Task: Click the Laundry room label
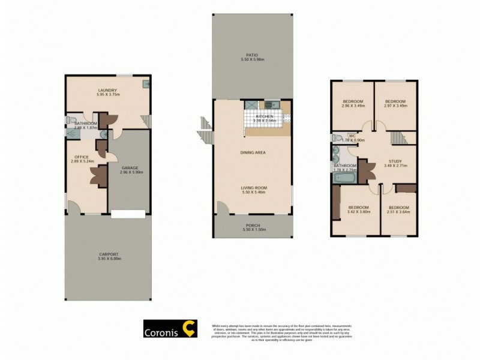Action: point(107,90)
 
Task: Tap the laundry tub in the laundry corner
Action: point(146,85)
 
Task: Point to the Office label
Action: point(81,157)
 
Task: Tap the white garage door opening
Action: point(128,213)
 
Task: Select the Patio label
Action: point(251,55)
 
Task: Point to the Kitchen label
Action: point(264,116)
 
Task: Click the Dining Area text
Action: point(251,152)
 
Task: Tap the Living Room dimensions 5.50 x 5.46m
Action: point(251,193)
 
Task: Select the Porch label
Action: point(251,226)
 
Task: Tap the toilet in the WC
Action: point(337,138)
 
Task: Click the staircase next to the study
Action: point(398,139)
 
